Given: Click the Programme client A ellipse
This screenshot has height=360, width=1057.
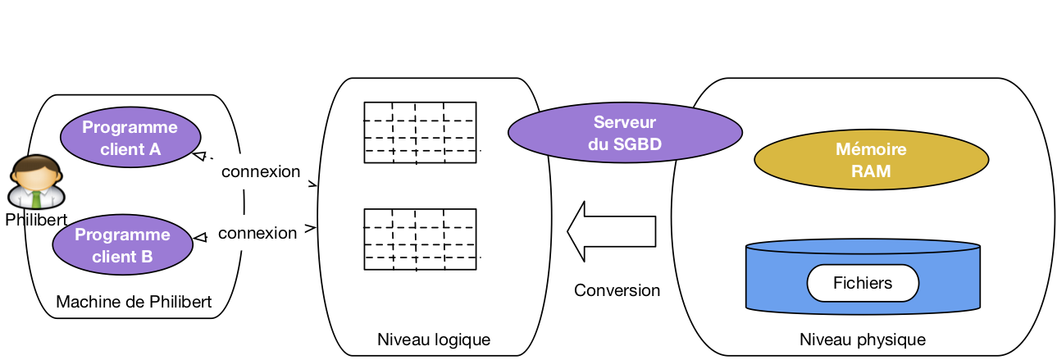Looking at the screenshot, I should pos(130,138).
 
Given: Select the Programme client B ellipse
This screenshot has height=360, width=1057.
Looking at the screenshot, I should pos(122,245).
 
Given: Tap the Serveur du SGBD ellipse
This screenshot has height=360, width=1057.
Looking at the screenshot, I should pos(625,133).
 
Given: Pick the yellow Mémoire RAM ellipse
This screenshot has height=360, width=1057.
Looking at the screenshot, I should pos(871,161).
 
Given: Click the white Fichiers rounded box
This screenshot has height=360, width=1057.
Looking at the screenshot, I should pos(863,284).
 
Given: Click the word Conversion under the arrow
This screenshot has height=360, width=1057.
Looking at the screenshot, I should pos(617,291).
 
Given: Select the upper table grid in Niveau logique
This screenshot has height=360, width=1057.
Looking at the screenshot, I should pos(420,133).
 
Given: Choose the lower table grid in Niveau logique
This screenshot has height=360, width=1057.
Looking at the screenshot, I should pos(420,239).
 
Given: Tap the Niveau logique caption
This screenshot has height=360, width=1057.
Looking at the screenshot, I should pos(434,339).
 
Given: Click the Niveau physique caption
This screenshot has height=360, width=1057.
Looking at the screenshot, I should pos(863,339).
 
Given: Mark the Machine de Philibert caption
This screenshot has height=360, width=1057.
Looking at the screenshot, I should pos(134,303).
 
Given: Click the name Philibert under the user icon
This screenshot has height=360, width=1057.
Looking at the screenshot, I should pos(35,221).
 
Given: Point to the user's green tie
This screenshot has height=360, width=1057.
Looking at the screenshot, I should pos(36,198).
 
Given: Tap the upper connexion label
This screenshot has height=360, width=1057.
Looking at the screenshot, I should pos(261,172).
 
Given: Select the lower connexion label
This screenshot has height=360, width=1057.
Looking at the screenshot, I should pos(257,234).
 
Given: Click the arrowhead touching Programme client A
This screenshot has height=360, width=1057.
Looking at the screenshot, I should pos(198,154).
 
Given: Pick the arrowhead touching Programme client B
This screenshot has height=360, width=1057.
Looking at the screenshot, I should pos(199,238).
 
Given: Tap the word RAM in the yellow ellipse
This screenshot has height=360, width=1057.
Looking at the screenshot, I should pos(871,172).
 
